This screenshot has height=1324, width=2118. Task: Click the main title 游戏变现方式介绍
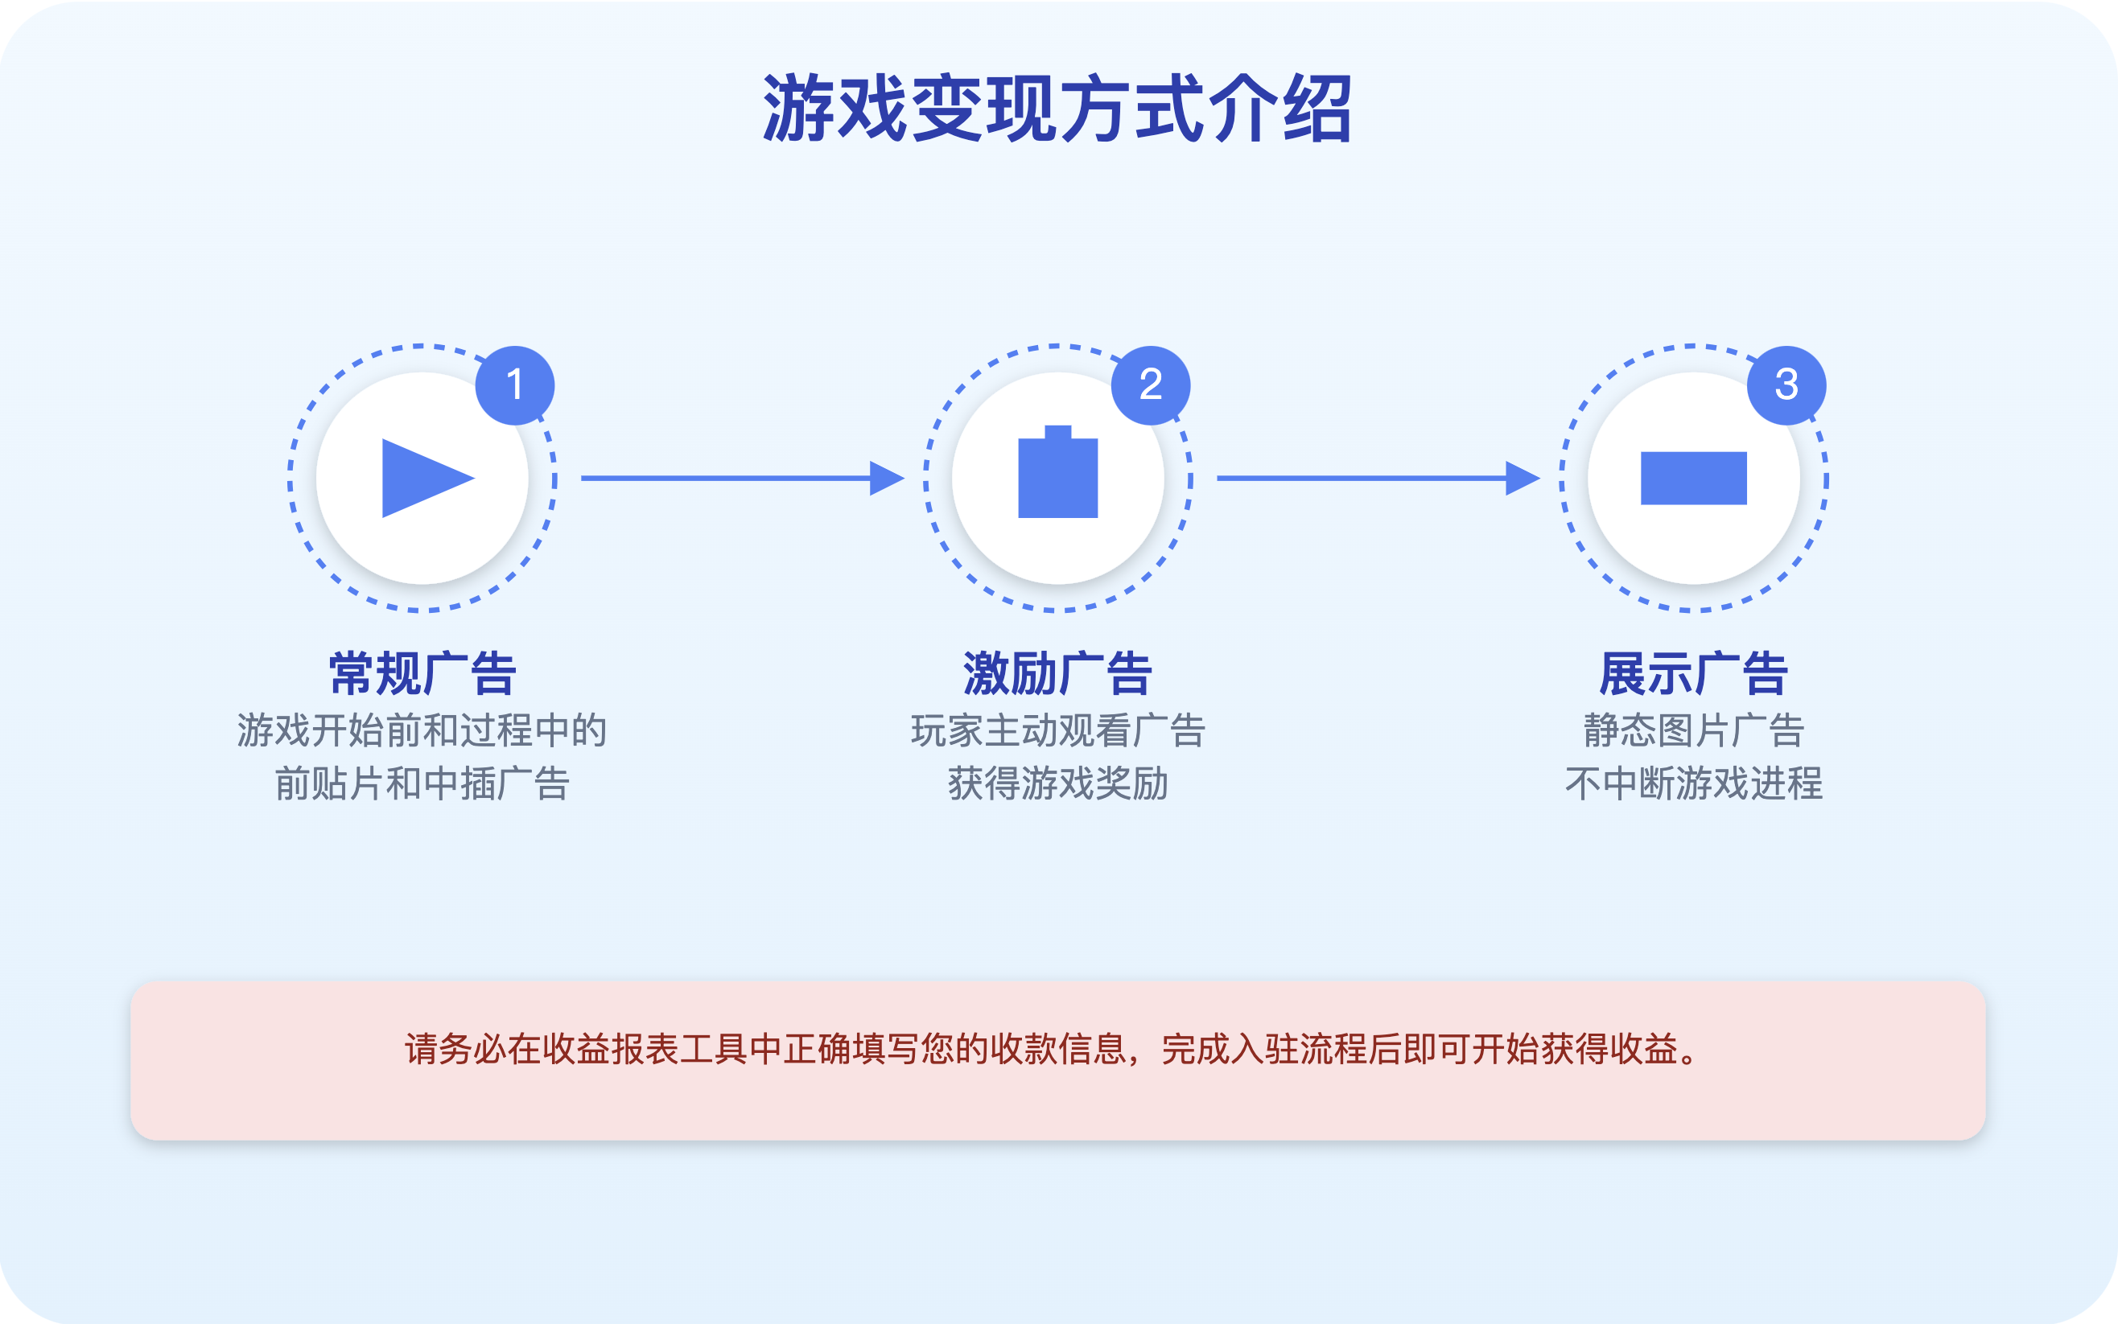[x=1058, y=109]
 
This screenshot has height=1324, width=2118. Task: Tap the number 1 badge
[x=515, y=385]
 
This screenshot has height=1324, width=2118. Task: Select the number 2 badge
[x=1150, y=385]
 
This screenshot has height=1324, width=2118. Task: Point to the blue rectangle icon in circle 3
[x=1693, y=478]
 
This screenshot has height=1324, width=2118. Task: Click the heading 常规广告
[x=422, y=673]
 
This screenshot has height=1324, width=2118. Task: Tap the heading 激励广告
[x=1057, y=673]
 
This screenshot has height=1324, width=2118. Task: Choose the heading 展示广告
[x=1693, y=673]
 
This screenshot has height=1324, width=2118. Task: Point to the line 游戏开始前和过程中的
[x=422, y=730]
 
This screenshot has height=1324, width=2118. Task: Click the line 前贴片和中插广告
[x=422, y=783]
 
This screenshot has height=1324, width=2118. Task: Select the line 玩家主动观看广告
[x=1057, y=730]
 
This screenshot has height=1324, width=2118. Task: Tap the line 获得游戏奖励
[x=1057, y=783]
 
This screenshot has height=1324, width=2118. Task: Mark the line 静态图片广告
[x=1693, y=730]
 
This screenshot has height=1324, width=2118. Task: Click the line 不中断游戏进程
[x=1693, y=783]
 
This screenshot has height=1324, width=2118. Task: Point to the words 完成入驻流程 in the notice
[x=1264, y=1049]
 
